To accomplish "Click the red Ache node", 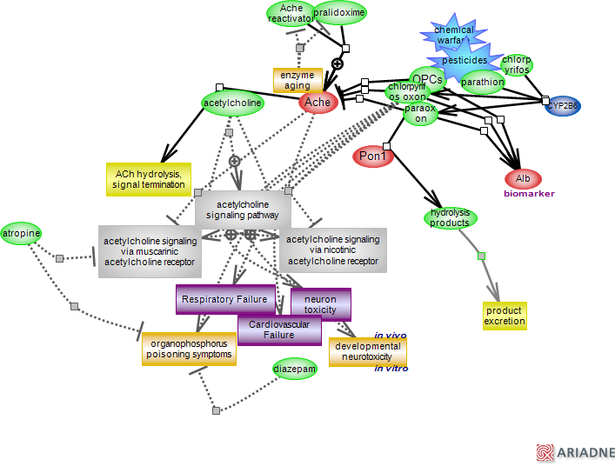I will (318, 103).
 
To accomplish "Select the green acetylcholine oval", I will (232, 103).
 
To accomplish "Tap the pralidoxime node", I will (339, 13).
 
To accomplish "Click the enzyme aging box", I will (297, 81).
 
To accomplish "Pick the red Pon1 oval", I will (374, 156).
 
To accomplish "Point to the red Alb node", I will (523, 179).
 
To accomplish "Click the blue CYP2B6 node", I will (562, 106).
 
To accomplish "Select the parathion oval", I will (482, 83).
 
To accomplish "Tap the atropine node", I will (20, 233).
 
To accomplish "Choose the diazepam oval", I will (295, 369).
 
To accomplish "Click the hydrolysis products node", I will (450, 217).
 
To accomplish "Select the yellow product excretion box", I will (505, 316).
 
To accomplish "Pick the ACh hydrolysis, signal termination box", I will (148, 179).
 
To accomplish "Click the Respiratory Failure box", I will (225, 299).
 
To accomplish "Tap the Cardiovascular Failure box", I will (279, 330).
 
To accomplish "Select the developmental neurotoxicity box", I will (368, 351).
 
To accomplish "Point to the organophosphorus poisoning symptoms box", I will (189, 349).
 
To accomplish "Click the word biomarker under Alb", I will (529, 194).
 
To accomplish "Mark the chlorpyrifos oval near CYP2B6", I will (516, 65).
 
